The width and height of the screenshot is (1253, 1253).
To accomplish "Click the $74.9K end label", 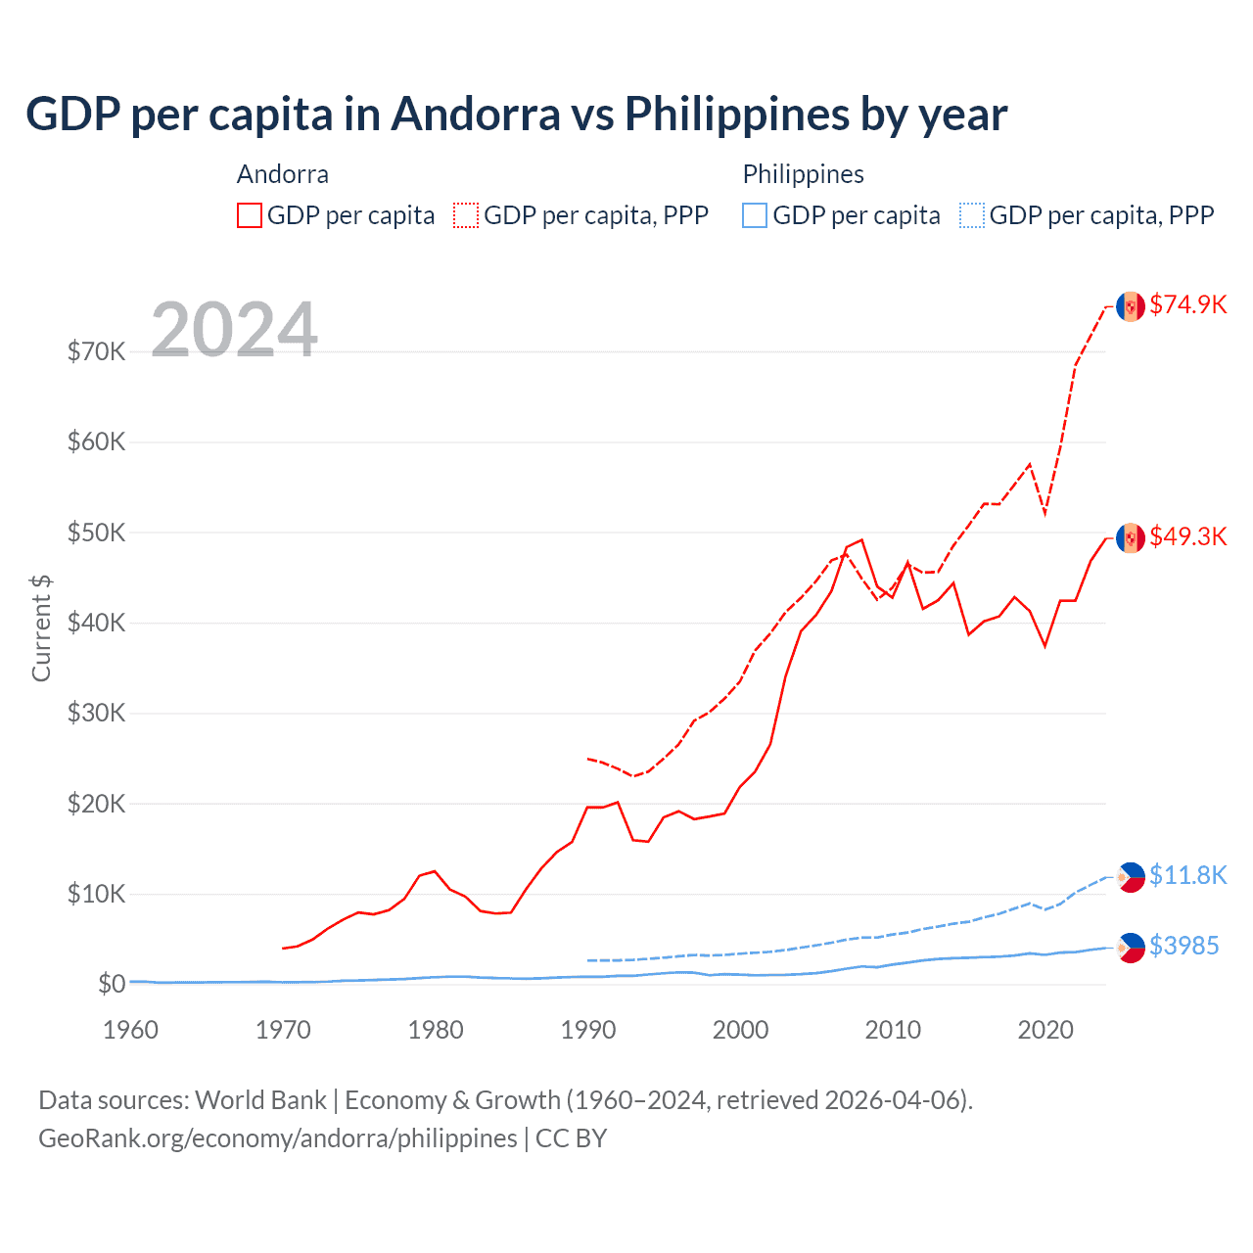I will tap(1187, 304).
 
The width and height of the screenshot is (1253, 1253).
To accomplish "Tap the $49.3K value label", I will tap(1187, 536).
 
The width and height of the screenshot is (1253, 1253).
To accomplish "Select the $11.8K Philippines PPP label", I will tap(1187, 875).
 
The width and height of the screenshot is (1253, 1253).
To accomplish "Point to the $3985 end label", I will tap(1183, 946).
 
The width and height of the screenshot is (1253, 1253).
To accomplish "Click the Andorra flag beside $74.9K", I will tap(1131, 306).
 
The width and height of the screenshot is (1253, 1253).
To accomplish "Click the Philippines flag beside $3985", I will tap(1131, 948).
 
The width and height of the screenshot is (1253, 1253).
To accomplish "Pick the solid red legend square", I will tap(250, 215).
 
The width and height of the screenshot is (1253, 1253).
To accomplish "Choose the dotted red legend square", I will tap(466, 215).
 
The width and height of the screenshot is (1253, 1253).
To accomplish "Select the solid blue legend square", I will tap(755, 215).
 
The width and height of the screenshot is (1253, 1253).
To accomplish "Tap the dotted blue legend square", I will tap(972, 215).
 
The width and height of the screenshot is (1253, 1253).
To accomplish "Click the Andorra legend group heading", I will tap(283, 174).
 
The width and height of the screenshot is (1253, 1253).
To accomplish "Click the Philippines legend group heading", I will tap(803, 174).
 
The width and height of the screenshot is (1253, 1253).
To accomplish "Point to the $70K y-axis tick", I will tap(96, 351).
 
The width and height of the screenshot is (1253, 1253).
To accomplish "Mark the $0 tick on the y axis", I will tap(112, 984).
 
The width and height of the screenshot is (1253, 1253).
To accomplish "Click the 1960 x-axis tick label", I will tap(130, 1030).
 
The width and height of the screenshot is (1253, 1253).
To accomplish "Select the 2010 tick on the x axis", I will tap(893, 1030).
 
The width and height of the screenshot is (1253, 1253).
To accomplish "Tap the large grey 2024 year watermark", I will tap(234, 330).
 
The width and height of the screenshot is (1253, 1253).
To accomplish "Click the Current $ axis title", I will tap(41, 628).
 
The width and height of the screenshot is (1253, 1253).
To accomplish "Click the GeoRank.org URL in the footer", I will tap(277, 1138).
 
